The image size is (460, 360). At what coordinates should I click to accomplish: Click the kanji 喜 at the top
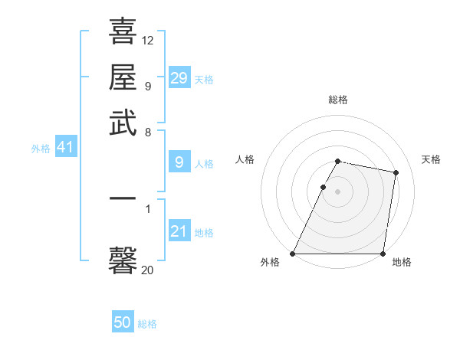click(123, 31)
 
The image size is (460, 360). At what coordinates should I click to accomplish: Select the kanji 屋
click(123, 77)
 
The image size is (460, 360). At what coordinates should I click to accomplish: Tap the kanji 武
click(123, 123)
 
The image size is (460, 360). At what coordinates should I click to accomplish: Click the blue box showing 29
click(179, 78)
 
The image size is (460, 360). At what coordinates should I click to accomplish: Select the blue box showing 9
click(179, 162)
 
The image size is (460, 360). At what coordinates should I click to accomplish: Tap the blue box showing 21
click(179, 231)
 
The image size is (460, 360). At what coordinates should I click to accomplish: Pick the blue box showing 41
click(65, 147)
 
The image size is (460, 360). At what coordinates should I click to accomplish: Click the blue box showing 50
click(123, 323)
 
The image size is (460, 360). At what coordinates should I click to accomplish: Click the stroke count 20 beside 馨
click(148, 270)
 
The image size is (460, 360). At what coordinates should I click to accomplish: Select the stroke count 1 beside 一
click(148, 208)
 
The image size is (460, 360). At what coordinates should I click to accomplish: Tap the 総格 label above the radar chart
click(338, 100)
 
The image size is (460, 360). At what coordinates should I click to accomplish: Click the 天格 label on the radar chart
click(432, 159)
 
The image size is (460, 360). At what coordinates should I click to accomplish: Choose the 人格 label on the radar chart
click(245, 159)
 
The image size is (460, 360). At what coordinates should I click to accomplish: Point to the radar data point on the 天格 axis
click(396, 173)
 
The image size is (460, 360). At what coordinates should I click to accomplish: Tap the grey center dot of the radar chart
click(338, 191)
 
